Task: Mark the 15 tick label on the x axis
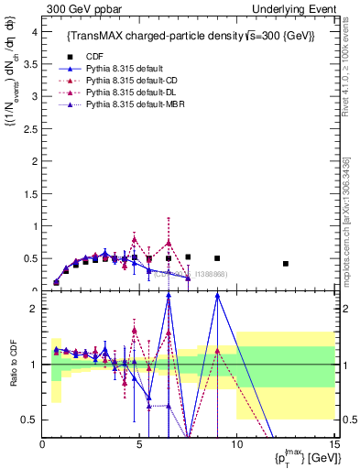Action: pos(333,446)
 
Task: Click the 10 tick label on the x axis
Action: pos(236,446)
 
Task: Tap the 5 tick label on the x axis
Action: pos(139,446)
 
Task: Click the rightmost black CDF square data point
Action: pos(286,264)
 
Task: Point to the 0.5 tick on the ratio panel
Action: pos(31,420)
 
